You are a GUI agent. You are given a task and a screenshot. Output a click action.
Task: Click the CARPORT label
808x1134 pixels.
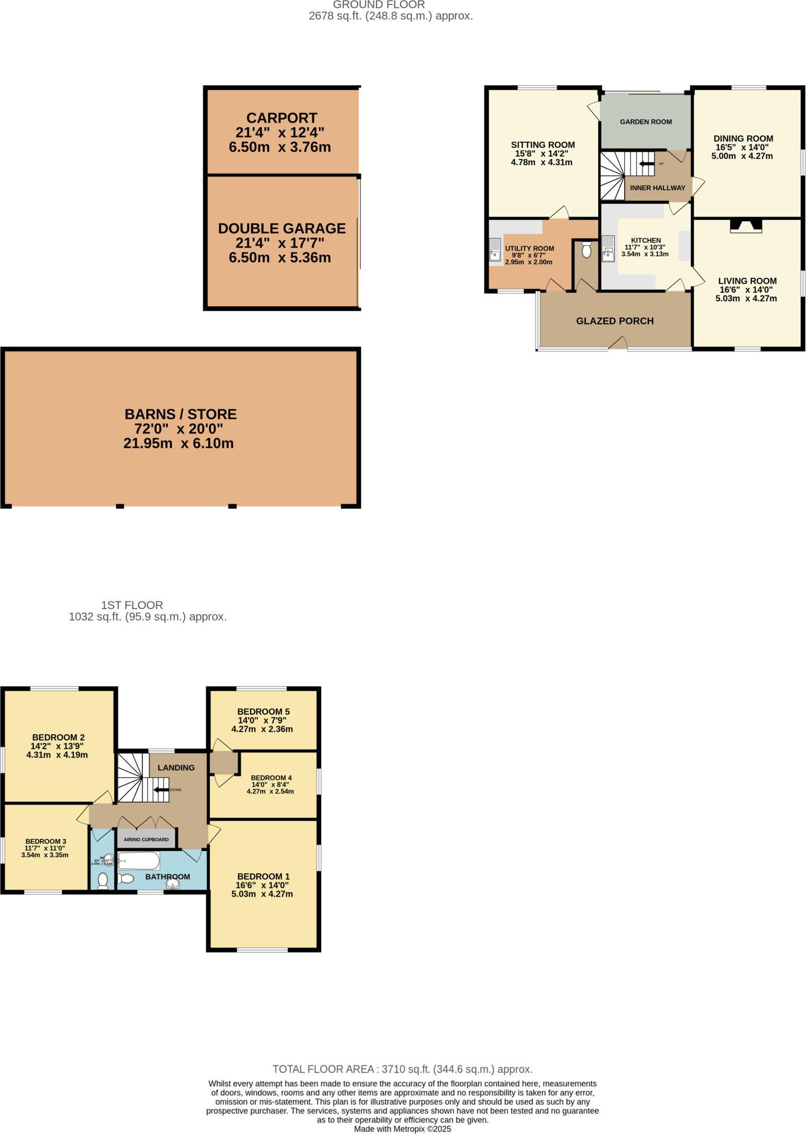coord(281,118)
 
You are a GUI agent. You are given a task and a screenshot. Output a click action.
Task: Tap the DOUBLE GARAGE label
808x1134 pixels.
coord(281,228)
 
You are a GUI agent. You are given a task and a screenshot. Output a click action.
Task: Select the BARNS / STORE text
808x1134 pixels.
coord(181,414)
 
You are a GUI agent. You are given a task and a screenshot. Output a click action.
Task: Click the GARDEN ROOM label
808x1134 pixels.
coord(646,122)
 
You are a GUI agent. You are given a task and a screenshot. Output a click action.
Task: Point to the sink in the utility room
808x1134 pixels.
coord(495,249)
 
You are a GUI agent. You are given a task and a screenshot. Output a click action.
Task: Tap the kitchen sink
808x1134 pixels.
coord(608,248)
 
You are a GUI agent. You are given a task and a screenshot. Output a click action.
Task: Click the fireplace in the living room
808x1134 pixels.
coord(746,225)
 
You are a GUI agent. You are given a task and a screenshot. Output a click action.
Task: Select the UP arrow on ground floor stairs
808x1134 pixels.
coord(646,164)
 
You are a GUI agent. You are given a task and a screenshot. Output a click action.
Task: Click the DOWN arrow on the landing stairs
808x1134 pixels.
coord(161,790)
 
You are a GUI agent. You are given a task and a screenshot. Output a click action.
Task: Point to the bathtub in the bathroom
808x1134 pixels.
coord(138,861)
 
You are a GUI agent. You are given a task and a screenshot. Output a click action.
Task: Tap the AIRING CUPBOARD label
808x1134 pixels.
coord(146,839)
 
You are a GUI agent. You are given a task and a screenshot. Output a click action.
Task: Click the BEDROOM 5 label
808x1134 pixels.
coord(263,712)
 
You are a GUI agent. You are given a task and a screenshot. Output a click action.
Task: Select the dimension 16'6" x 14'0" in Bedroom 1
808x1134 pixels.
coord(262,885)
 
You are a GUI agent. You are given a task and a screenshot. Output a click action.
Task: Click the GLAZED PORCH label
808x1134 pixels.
coord(615,321)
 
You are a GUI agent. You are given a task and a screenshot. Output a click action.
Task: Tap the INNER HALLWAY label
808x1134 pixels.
coord(657,188)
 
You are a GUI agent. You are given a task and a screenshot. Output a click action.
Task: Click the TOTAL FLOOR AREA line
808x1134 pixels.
coord(402,1069)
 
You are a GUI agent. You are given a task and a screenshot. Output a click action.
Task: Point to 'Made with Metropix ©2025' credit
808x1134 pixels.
coord(402,1129)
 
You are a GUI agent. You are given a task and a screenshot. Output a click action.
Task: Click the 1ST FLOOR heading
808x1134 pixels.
coord(132,605)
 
